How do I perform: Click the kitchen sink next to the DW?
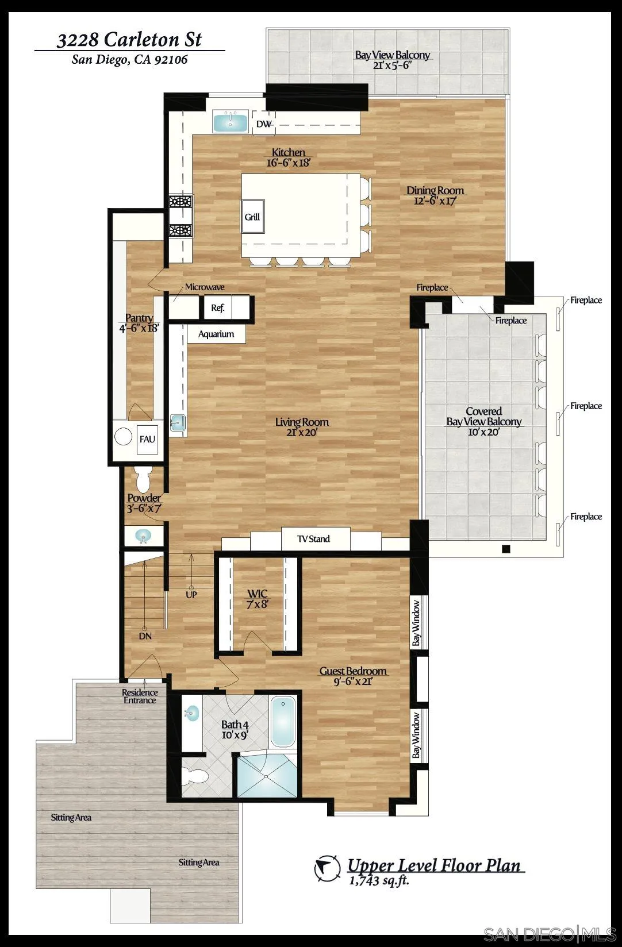(230, 122)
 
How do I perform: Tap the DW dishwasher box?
(264, 124)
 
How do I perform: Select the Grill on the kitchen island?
(252, 217)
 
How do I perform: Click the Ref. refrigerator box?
(218, 307)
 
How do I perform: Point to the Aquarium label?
(216, 334)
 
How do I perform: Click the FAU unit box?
(147, 439)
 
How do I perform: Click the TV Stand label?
(314, 539)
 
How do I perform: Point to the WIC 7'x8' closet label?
(258, 598)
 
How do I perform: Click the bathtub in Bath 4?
(283, 722)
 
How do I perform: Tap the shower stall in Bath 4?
(268, 776)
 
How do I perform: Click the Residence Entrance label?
(140, 696)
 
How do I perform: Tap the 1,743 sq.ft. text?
(379, 880)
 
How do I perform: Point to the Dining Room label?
(435, 195)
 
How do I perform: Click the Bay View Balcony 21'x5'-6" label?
(393, 60)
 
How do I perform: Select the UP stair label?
(191, 595)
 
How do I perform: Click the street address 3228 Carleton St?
(129, 40)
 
